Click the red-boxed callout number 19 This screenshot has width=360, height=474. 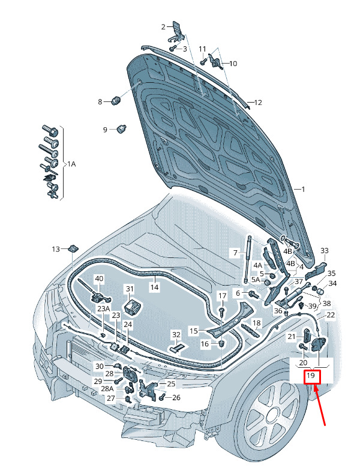pos(311,376)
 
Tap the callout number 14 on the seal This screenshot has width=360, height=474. pos(154,287)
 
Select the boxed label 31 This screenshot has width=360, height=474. pos(130,289)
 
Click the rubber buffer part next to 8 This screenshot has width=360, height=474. pos(116,101)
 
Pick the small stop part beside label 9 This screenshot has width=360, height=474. pos(122,129)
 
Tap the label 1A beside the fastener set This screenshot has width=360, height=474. pos(71,164)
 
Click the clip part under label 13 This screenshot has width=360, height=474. pos(73,248)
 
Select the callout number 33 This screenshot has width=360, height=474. pos(325,251)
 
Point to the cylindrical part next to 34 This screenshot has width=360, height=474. pos(320,292)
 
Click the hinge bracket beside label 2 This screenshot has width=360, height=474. pos(176,32)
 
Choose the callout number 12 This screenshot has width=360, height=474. pos(258,103)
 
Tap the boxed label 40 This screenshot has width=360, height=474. pos(99,278)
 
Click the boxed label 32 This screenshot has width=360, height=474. pos(176,335)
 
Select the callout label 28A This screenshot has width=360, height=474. pos(107,388)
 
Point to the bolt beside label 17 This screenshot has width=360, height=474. pos(222,311)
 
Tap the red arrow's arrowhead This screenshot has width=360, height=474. pos(316,388)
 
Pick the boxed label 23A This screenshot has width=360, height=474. pos(103,308)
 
